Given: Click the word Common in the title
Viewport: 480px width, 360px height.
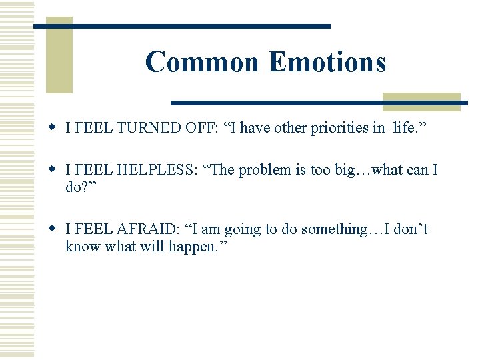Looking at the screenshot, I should tap(201, 62).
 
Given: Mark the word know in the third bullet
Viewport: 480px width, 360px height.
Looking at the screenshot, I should tap(81, 246).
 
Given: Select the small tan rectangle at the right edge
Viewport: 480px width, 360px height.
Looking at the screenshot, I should tap(421, 101).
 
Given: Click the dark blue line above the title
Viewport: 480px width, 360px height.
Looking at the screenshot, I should tap(182, 26).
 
